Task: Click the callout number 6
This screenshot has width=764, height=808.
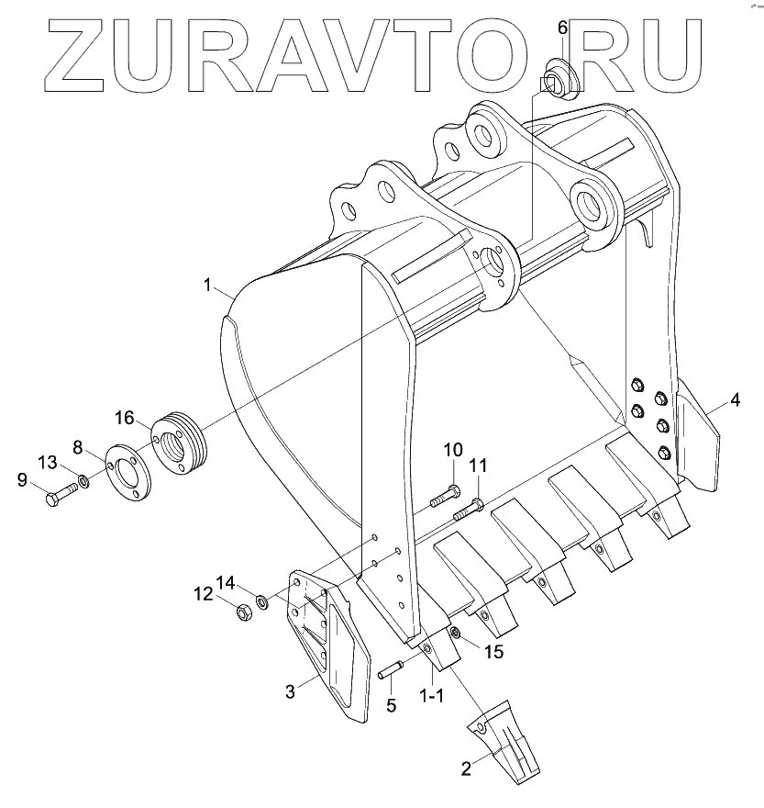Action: [563, 27]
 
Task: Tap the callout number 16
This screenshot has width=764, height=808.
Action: [125, 419]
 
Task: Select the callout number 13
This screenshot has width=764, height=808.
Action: [48, 460]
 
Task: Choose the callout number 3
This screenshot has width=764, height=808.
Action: [290, 691]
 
